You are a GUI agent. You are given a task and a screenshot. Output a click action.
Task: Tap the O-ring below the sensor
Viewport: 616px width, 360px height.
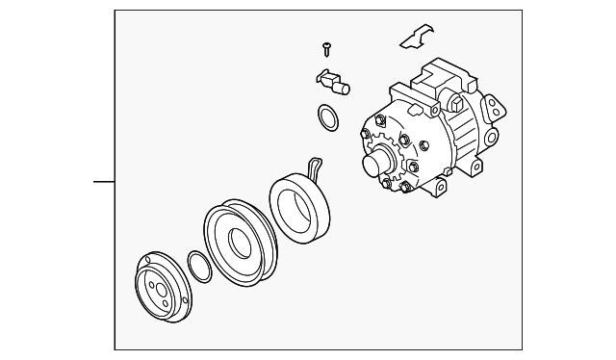pos(326,119)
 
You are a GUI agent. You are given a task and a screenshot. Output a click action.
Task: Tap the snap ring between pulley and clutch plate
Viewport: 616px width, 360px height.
pos(198,266)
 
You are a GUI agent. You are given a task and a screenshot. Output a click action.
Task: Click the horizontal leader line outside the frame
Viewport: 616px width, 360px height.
pos(103,180)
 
